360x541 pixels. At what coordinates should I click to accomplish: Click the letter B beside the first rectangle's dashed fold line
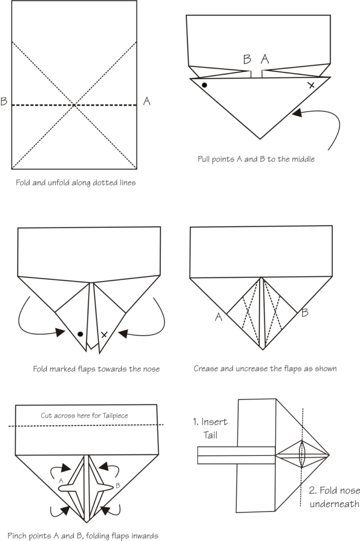tap(4, 101)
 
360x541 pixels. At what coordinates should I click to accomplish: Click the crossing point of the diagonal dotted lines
tap(74, 105)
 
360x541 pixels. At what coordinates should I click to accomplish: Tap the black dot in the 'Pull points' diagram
tap(204, 85)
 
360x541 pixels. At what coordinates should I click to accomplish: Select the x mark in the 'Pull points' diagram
tap(311, 85)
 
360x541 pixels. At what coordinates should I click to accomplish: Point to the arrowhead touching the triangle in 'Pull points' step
tap(295, 113)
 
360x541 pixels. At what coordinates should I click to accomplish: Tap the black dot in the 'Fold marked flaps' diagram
tap(80, 334)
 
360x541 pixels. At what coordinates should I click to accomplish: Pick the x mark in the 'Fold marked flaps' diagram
tap(104, 334)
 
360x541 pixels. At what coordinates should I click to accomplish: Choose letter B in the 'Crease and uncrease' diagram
tap(305, 312)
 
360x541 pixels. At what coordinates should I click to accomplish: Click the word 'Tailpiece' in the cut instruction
tap(112, 416)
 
